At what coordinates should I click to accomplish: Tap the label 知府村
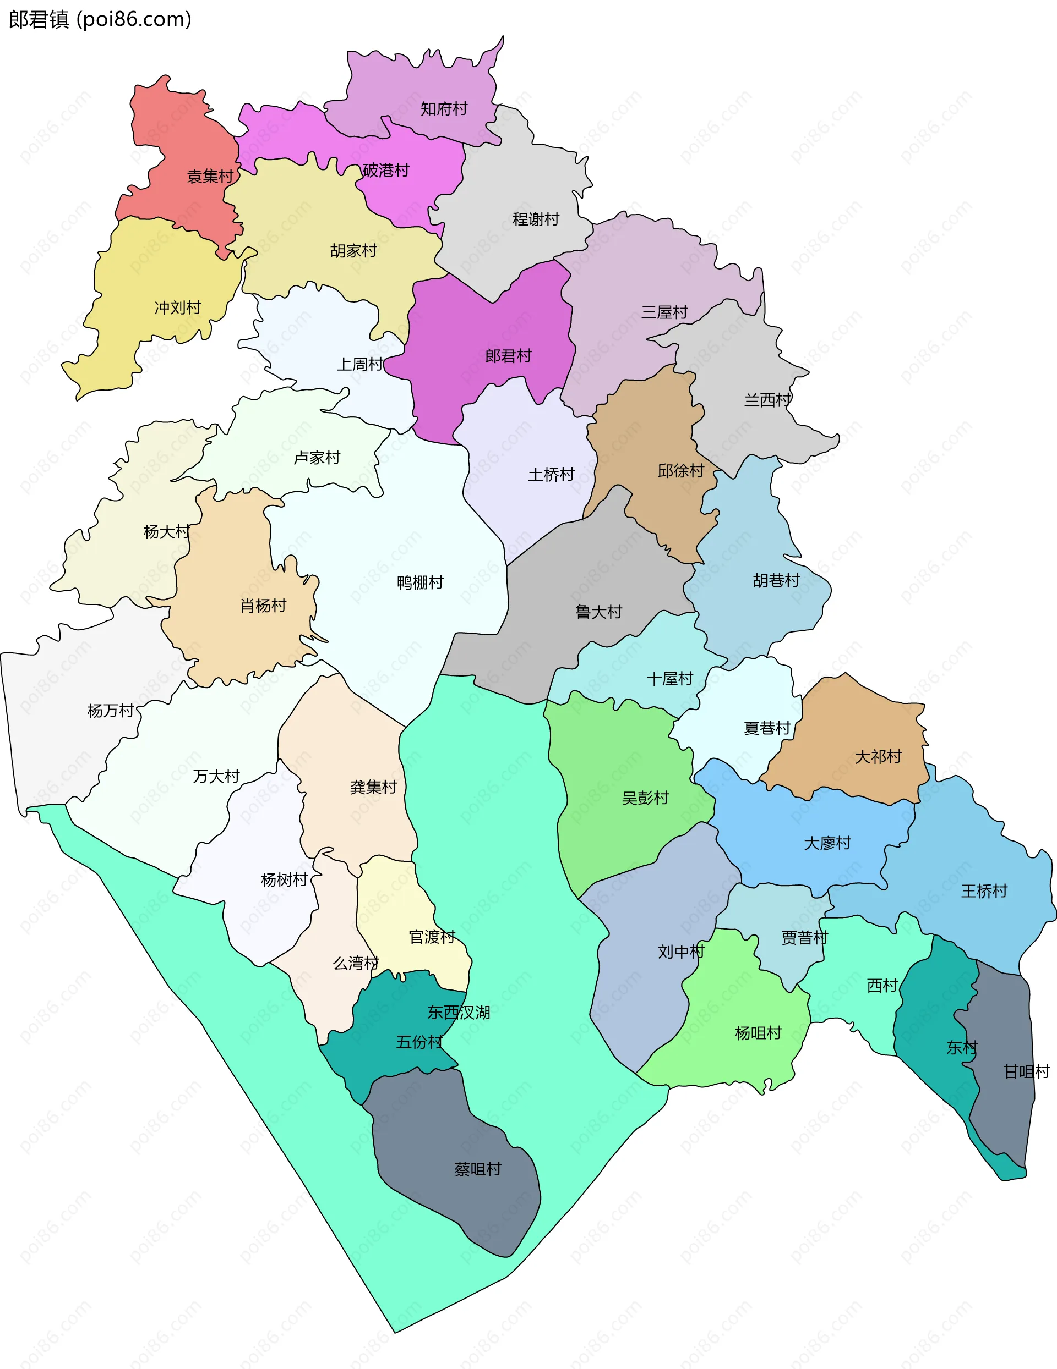(x=444, y=108)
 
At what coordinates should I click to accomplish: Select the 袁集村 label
(x=210, y=176)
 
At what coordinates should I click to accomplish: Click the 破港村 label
(x=386, y=170)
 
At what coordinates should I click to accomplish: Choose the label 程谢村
(x=535, y=219)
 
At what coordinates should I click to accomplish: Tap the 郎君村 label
(x=508, y=355)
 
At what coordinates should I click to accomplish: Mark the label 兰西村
(x=767, y=399)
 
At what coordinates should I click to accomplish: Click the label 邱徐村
(x=680, y=470)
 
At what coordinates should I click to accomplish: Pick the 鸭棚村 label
(x=419, y=582)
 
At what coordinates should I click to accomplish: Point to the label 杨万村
(x=111, y=710)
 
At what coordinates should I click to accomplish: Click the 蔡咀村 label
(x=477, y=1168)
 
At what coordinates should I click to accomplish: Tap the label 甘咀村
(x=1026, y=1071)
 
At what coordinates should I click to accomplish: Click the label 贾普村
(x=804, y=937)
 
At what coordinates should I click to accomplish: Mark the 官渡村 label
(x=432, y=937)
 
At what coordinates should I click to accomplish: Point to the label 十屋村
(x=669, y=678)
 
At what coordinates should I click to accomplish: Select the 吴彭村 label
(x=645, y=798)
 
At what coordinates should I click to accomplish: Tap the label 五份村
(x=419, y=1042)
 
